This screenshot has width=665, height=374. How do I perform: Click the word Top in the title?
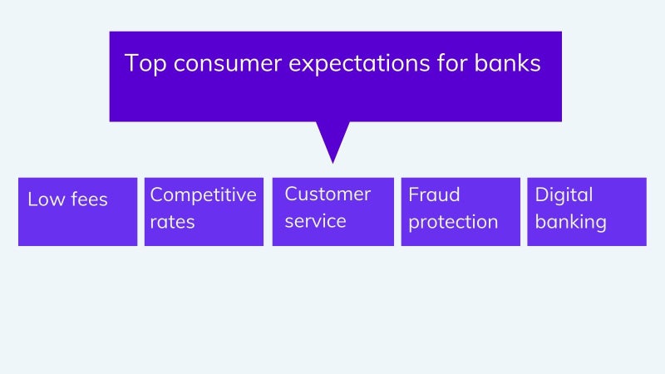pyautogui.click(x=145, y=64)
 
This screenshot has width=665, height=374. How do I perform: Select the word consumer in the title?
pyautogui.click(x=227, y=64)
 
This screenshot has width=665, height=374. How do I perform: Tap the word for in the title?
pyautogui.click(x=452, y=63)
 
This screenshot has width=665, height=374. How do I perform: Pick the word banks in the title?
pyautogui.click(x=507, y=63)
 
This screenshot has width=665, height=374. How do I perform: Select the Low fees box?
pyautogui.click(x=77, y=212)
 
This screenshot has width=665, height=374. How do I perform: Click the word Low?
pyautogui.click(x=47, y=199)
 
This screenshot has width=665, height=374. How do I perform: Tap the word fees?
pyautogui.click(x=90, y=199)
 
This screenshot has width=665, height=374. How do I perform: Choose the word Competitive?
pyautogui.click(x=203, y=195)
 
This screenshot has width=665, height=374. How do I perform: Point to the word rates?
pyautogui.click(x=172, y=222)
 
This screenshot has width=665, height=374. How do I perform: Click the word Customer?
pyautogui.click(x=328, y=194)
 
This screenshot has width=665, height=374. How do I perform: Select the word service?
pyautogui.click(x=316, y=221)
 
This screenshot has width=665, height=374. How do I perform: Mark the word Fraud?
pyautogui.click(x=434, y=195)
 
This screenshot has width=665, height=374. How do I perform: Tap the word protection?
pyautogui.click(x=453, y=223)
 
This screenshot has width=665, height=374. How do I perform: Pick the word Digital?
pyautogui.click(x=564, y=195)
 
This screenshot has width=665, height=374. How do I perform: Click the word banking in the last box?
pyautogui.click(x=571, y=223)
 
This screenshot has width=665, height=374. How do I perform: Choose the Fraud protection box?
pyautogui.click(x=461, y=212)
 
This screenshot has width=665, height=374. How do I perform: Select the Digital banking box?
pyautogui.click(x=587, y=212)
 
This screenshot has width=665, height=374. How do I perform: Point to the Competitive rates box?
pyautogui.click(x=204, y=212)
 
